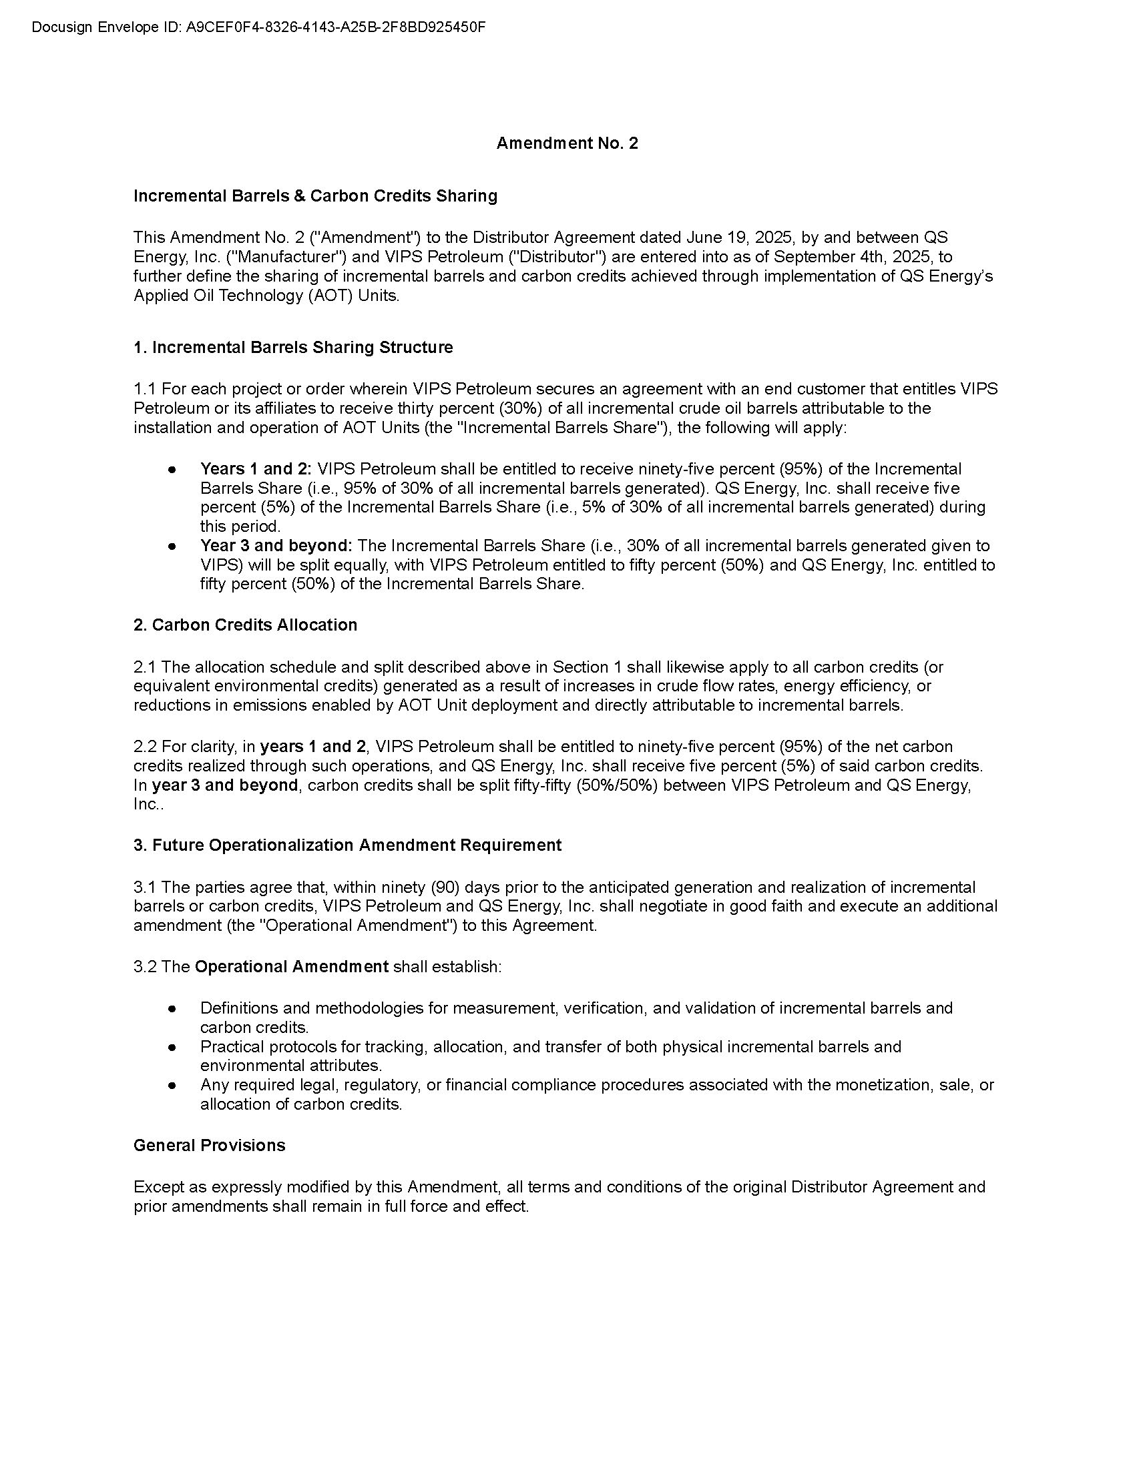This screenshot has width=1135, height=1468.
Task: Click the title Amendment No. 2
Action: tap(567, 143)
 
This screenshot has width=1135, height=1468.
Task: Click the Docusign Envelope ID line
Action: tap(258, 27)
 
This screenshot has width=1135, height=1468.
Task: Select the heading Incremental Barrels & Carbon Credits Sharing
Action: tap(315, 196)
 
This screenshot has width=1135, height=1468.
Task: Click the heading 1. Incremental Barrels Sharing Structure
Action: tap(293, 348)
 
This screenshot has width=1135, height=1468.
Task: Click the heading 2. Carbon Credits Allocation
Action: tap(246, 625)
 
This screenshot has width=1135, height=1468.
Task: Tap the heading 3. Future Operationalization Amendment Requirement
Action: tap(347, 845)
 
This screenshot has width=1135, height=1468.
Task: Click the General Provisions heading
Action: tap(209, 1145)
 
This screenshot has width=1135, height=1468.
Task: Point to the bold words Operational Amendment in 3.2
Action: tap(291, 967)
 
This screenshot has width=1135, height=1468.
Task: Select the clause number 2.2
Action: tap(145, 747)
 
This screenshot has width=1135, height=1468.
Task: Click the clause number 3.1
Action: tap(145, 887)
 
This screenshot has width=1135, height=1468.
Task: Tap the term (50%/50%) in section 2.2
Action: tap(616, 785)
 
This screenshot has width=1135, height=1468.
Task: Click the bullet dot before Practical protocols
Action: tap(172, 1047)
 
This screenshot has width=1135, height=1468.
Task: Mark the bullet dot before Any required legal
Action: tap(172, 1086)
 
